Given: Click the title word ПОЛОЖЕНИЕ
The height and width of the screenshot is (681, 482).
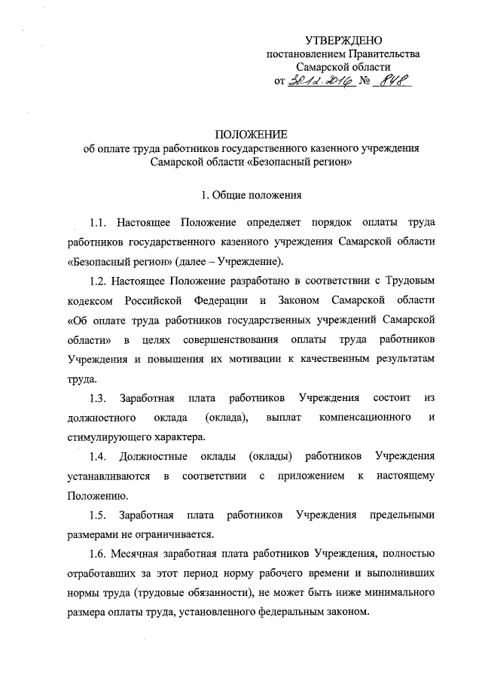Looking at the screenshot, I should click(252, 135).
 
